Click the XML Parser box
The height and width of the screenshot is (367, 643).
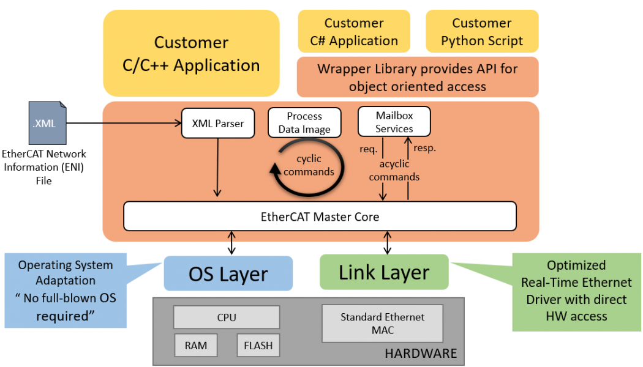tap(218, 124)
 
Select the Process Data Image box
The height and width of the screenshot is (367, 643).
tap(304, 123)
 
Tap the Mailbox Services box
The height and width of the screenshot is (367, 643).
tap(394, 122)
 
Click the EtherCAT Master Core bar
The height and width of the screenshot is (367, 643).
tap(320, 217)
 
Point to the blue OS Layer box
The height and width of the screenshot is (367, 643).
tap(228, 273)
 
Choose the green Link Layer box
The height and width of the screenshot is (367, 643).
tap(384, 272)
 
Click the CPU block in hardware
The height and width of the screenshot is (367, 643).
tap(226, 317)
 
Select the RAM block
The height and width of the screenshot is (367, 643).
tap(195, 346)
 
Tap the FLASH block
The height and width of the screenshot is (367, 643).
tap(258, 346)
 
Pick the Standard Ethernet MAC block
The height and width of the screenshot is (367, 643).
tap(382, 324)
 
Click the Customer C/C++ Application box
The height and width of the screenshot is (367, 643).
tap(191, 53)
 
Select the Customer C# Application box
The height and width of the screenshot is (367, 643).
tap(354, 32)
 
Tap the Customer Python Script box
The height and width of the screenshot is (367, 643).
tap(482, 32)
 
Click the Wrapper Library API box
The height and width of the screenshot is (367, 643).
tap(417, 77)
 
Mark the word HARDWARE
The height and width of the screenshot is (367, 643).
tap(420, 354)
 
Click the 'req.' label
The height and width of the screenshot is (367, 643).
tap(369, 149)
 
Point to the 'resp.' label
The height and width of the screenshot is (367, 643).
tap(424, 148)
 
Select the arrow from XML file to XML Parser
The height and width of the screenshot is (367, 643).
tap(122, 124)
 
